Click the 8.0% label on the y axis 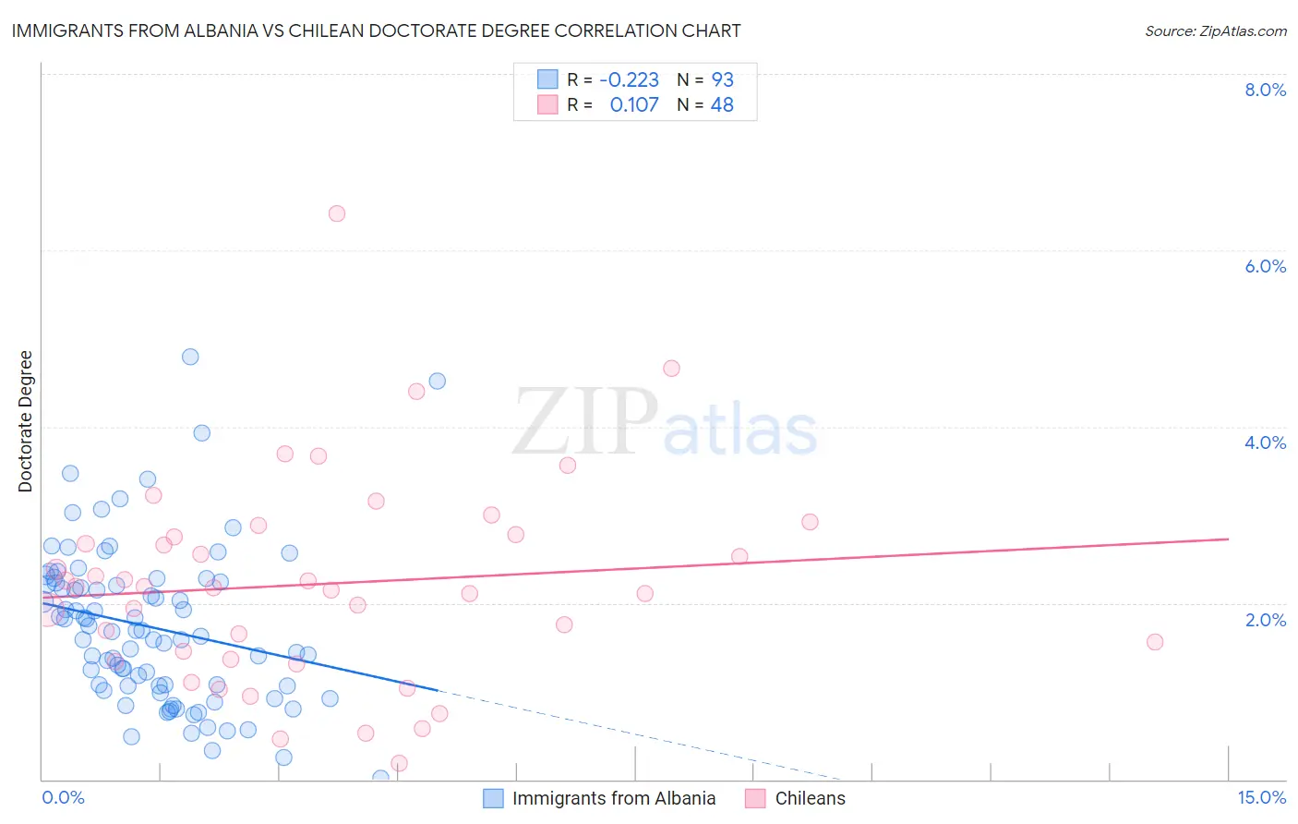pos(1265,90)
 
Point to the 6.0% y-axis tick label pos(1265,266)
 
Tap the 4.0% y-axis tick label pos(1265,442)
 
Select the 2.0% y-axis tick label pos(1265,620)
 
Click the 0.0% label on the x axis pos(63,798)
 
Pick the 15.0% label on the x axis pos(1261,798)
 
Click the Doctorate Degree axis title pos(26,421)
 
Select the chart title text pos(376,30)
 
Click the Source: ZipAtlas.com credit pos(1215,31)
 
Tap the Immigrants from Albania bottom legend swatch pos(494,799)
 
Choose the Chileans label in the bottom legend pos(810,799)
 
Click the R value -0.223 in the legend pos(629,80)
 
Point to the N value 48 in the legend pos(722,105)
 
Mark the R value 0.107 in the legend pos(634,105)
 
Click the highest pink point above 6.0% pos(337,213)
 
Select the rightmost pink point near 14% pos(1155,642)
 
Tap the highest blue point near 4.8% pos(190,357)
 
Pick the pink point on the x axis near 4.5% pos(400,763)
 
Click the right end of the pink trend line pos(1228,539)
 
